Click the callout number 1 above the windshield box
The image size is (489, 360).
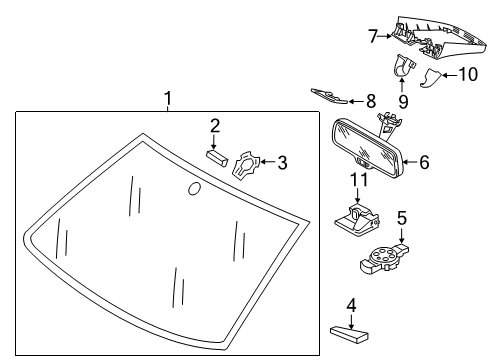click(168, 98)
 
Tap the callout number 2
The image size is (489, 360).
click(215, 126)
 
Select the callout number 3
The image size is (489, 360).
click(282, 163)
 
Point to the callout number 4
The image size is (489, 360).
click(351, 306)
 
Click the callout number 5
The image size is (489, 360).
click(402, 218)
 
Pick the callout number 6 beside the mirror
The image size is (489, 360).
click(424, 162)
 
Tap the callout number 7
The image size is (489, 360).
click(373, 36)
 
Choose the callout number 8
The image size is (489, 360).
click(371, 101)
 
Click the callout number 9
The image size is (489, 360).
click(403, 102)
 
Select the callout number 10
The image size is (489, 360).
click(469, 74)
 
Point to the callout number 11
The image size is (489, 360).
click(359, 180)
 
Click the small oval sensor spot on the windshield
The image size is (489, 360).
click(194, 189)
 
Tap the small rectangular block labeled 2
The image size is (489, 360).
click(216, 158)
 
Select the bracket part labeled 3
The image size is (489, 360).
click(246, 166)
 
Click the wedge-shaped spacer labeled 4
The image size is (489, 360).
click(349, 334)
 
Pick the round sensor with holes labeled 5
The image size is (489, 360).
click(384, 259)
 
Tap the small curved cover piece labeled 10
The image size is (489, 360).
click(431, 78)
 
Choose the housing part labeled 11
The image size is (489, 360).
click(357, 221)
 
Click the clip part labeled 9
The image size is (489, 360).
click(404, 66)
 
